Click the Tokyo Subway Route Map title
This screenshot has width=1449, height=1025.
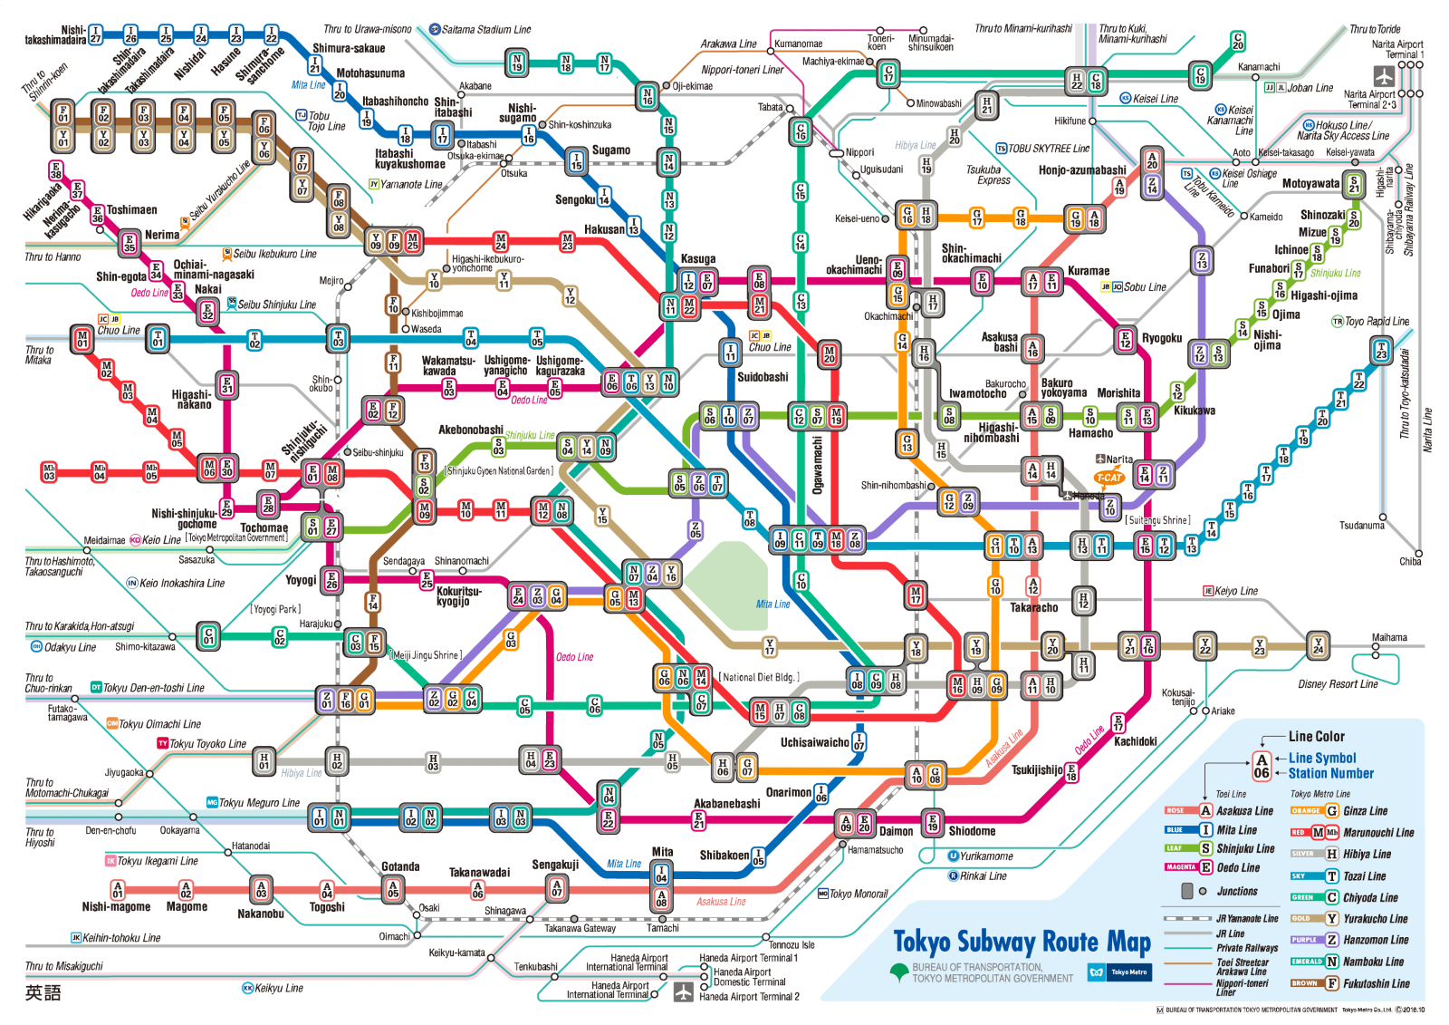[1022, 943]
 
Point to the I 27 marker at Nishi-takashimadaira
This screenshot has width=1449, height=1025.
[95, 35]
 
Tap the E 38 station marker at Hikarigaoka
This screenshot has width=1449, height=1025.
[56, 170]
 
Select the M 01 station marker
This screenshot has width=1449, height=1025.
[82, 340]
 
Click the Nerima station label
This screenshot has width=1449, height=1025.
[161, 235]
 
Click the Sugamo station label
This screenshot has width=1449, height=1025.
[610, 150]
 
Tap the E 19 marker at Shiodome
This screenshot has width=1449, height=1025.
[933, 822]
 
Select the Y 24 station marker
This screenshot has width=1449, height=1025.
[1318, 645]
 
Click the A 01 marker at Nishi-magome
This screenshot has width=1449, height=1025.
[118, 889]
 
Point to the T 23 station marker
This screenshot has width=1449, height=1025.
[1381, 350]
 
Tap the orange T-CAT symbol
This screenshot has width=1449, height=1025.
[1109, 478]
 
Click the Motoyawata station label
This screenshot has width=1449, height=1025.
[1310, 184]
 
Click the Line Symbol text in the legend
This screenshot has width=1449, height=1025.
[1322, 759]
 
